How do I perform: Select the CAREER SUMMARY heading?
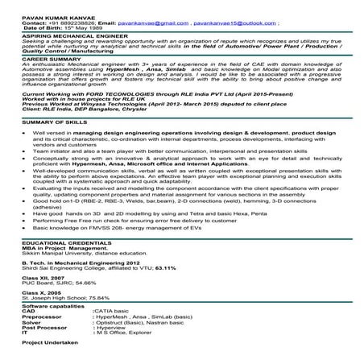point(32,59)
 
